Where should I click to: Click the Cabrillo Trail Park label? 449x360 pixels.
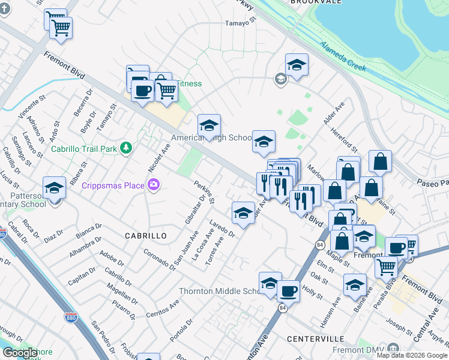point(85,149)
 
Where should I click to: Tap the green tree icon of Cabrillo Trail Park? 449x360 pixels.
point(125,148)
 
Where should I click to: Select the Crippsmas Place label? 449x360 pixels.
point(113,185)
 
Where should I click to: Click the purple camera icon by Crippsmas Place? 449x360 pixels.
point(154,185)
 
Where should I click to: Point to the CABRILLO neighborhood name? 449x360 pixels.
point(145,236)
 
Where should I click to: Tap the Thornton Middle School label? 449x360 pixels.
point(218,292)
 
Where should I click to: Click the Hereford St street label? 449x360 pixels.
point(348,141)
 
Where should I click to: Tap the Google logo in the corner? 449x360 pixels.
point(20,353)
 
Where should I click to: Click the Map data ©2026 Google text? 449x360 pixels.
point(411,355)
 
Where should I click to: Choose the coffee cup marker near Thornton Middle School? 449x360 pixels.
point(288,291)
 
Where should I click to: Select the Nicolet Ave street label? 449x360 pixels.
point(159,156)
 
